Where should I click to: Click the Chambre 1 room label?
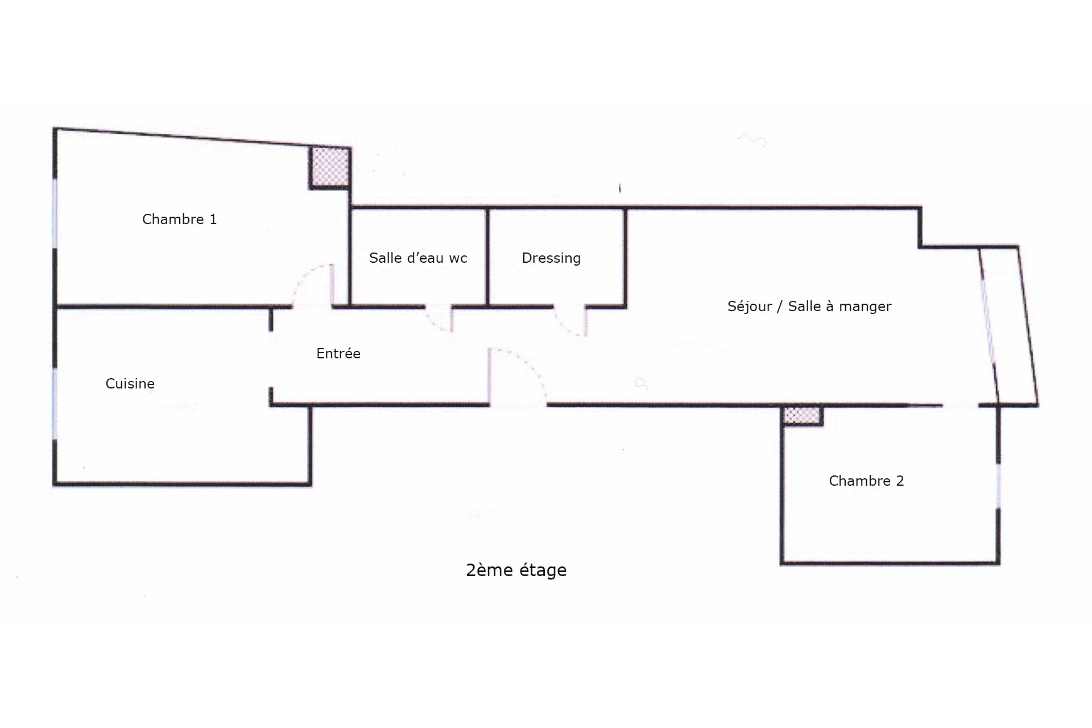pos(179,220)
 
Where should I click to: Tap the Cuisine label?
pos(130,384)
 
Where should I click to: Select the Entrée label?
pos(338,354)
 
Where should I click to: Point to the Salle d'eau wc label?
pos(418,258)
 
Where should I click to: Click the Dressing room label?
pos(551,258)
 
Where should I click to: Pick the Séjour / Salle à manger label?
pos(809,307)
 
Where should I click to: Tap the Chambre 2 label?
pos(866,481)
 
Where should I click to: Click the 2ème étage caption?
pos(516,570)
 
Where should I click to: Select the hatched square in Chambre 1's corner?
pos(329,167)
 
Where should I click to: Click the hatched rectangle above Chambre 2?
pos(801,415)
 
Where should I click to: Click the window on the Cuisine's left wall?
pos(55,404)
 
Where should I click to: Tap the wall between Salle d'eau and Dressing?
pos(487,257)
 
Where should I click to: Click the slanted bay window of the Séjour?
pos(989,324)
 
